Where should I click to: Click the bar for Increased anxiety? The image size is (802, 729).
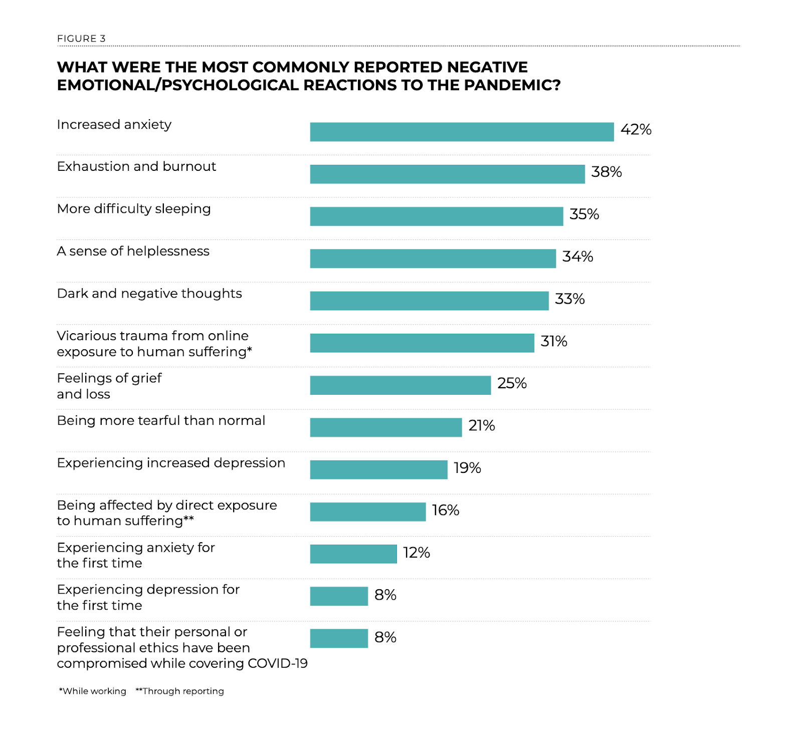(462, 132)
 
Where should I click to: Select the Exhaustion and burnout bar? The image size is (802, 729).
(447, 174)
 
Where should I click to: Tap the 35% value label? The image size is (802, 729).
(584, 214)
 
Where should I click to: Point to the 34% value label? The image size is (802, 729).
(577, 257)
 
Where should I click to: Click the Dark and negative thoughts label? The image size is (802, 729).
(149, 294)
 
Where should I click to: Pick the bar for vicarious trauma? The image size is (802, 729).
(422, 343)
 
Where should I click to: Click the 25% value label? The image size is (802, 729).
(512, 383)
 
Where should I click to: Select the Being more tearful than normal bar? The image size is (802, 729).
(385, 427)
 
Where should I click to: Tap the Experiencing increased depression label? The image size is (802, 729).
(171, 463)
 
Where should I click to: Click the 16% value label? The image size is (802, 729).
(446, 511)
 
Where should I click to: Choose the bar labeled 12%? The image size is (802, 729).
(353, 554)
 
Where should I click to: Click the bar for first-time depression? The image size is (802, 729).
(339, 596)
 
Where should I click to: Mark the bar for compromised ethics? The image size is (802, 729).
(339, 638)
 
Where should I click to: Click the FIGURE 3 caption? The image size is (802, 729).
(81, 39)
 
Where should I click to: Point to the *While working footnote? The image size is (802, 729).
(93, 691)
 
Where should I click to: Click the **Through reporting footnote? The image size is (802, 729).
(180, 691)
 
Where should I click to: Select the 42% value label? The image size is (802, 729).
(636, 130)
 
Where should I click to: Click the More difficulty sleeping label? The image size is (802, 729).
(134, 209)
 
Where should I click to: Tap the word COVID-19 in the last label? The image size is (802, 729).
(278, 663)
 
